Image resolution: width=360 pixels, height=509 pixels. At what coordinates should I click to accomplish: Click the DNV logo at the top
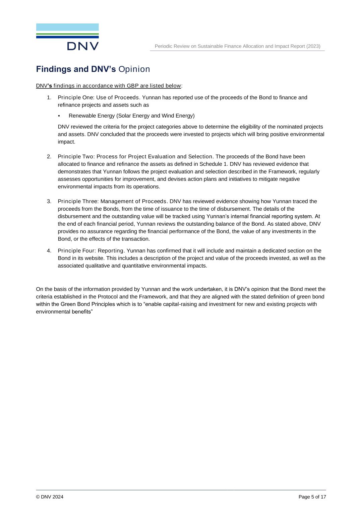coord(67,37)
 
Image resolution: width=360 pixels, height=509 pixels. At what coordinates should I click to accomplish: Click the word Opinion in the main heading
coord(134,69)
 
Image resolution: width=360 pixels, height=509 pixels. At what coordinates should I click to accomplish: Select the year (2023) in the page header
coord(313,46)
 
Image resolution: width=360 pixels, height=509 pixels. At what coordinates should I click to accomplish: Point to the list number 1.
coord(49,97)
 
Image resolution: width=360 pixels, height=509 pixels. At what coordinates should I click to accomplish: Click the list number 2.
coord(49,156)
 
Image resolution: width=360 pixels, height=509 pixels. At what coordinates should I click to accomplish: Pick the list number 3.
coord(49,201)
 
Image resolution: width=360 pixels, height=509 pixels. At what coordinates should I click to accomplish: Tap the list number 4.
coord(49,250)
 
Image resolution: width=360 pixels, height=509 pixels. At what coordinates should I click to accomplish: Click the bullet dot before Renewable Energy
coord(59,116)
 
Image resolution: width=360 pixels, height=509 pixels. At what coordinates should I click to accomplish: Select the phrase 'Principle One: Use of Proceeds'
coord(98,97)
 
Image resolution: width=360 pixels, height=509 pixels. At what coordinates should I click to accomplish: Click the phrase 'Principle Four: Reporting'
coord(91,250)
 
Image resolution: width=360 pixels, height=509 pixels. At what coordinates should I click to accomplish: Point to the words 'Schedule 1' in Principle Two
coord(212,164)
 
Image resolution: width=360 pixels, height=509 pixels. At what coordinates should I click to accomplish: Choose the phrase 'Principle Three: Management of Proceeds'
coord(112,201)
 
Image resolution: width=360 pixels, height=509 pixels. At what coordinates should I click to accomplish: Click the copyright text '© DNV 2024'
coord(50,497)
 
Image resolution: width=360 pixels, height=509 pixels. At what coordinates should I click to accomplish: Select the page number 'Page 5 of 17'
coord(312,497)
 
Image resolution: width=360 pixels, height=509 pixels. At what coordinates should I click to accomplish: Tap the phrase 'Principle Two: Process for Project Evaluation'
coord(117,156)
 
